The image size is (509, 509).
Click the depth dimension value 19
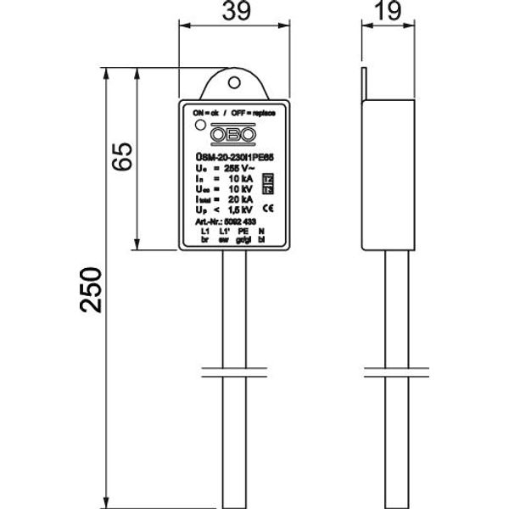point(387,14)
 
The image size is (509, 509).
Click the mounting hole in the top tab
point(235,84)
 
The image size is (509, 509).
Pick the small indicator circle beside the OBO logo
point(199,126)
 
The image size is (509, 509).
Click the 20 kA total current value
point(241,199)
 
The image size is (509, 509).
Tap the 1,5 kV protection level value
point(241,210)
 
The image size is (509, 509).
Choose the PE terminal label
point(243,231)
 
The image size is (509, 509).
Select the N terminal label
point(264,231)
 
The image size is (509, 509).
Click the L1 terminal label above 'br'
point(204,231)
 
